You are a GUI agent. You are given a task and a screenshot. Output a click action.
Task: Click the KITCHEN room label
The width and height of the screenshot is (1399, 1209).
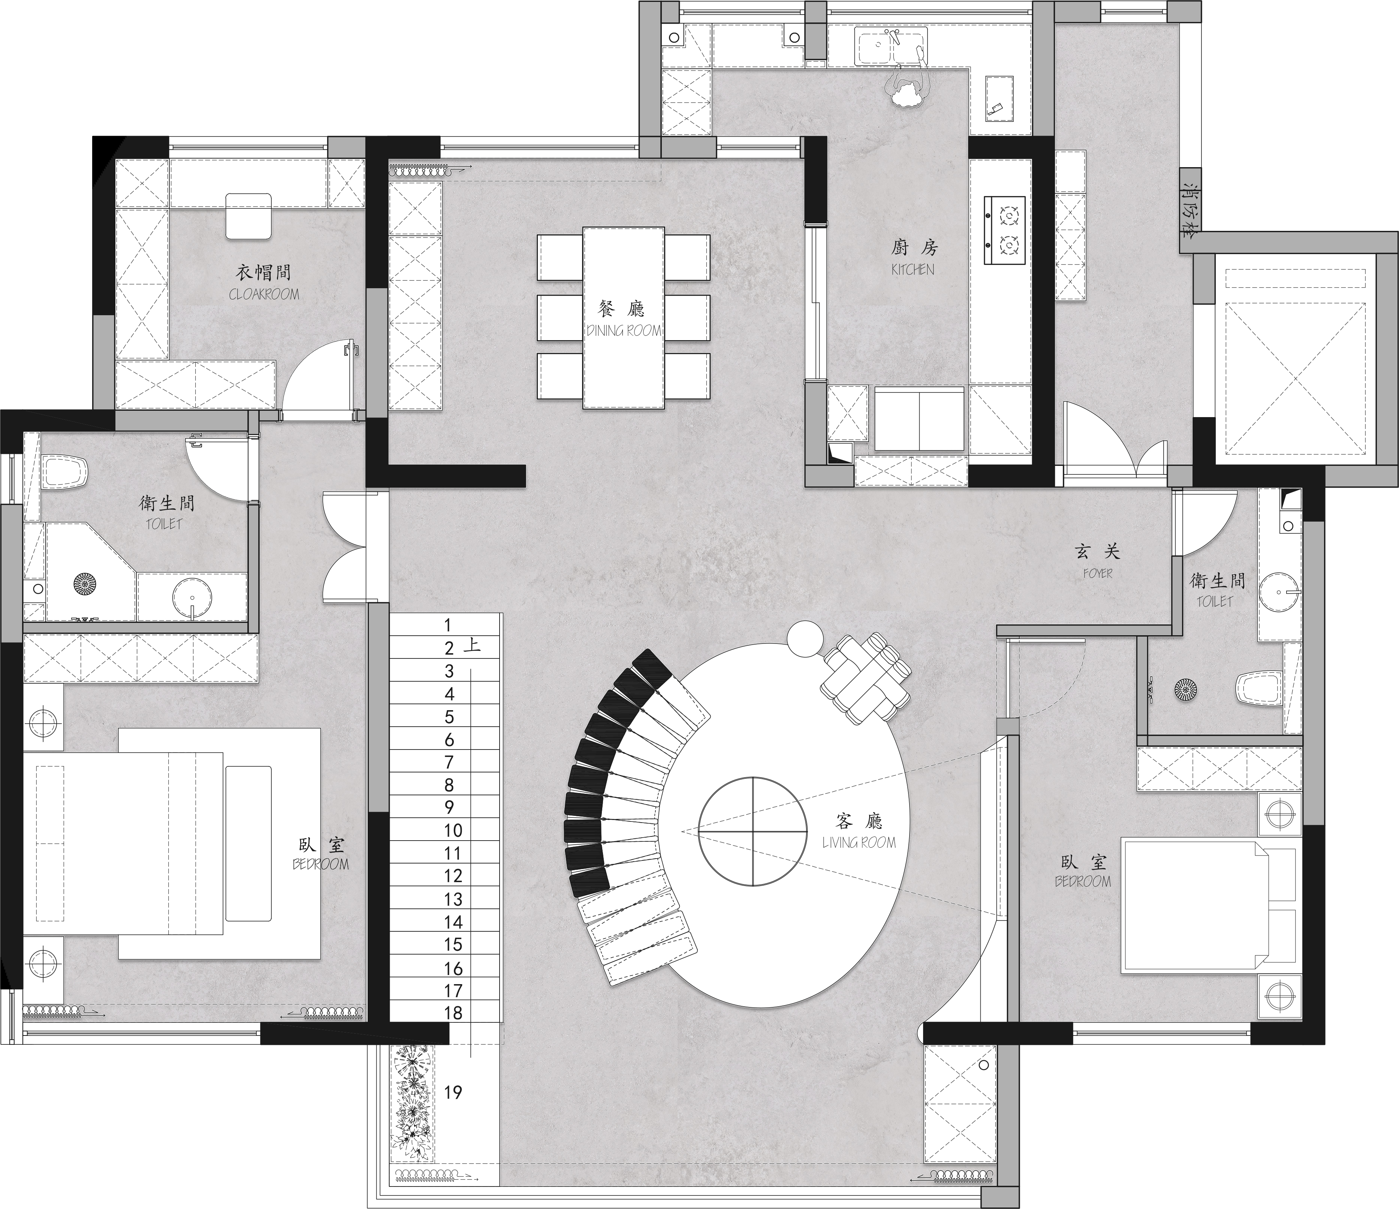(x=913, y=269)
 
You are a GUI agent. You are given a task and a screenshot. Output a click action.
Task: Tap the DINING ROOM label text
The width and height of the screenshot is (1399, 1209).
(x=624, y=331)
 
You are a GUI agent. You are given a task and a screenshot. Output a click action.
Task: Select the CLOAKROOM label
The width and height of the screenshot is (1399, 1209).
(x=263, y=294)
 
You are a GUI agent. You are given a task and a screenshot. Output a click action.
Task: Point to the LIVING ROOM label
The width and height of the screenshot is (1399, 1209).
(x=859, y=842)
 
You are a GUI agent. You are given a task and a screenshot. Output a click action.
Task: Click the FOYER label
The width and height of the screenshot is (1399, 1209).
(x=1097, y=573)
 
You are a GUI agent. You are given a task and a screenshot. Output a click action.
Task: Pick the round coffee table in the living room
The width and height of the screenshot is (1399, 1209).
(x=753, y=830)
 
